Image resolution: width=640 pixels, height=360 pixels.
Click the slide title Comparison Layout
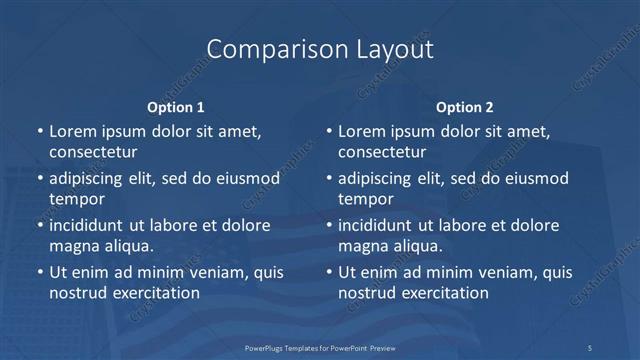coord(320,49)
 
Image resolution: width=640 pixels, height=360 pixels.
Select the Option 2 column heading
coord(464,107)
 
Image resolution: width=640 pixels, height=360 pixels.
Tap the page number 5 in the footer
coord(589,347)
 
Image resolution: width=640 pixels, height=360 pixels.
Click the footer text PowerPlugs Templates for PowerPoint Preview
coord(319,347)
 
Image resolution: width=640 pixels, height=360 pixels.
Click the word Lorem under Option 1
coord(72,131)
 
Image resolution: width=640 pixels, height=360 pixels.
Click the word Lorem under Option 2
coord(361,131)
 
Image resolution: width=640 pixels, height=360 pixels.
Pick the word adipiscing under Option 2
coord(376,178)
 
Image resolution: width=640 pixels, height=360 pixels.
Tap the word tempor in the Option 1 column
coord(77,199)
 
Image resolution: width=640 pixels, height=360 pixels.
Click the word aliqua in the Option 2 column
coord(417,246)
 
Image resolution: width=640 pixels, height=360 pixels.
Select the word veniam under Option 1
coord(205,272)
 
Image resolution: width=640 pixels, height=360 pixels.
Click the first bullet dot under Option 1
coord(40,132)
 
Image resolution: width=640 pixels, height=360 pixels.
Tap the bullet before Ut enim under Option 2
coord(329,273)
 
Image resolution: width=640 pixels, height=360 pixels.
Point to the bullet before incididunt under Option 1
coord(40,226)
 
